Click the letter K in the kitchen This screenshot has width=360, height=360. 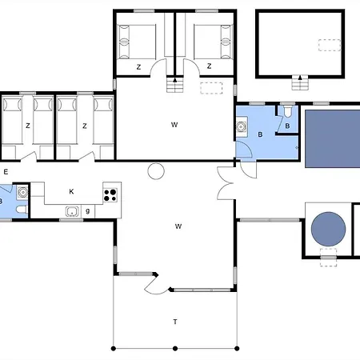[71, 191]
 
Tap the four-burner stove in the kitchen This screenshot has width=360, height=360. [111, 192]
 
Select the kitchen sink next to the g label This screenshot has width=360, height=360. [73, 211]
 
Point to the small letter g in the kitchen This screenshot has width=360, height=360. [87, 210]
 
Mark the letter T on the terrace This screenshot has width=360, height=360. [174, 322]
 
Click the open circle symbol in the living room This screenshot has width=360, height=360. [155, 170]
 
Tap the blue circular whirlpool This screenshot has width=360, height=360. [328, 230]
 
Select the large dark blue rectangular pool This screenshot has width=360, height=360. [331, 138]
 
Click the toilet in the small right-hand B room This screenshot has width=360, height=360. [287, 113]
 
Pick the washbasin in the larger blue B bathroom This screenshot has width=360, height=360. [242, 126]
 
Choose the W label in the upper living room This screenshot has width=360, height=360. [174, 125]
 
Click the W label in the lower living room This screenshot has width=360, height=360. [178, 226]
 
